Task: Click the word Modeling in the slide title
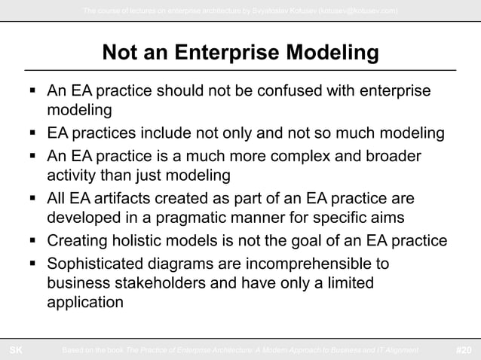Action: pos(330,53)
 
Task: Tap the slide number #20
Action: pos(465,350)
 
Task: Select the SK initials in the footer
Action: pos(15,350)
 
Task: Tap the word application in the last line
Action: pos(84,304)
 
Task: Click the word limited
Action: pos(347,285)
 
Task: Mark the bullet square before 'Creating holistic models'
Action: pos(32,242)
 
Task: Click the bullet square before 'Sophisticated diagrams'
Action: pos(32,264)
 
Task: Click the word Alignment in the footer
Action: pos(397,350)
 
